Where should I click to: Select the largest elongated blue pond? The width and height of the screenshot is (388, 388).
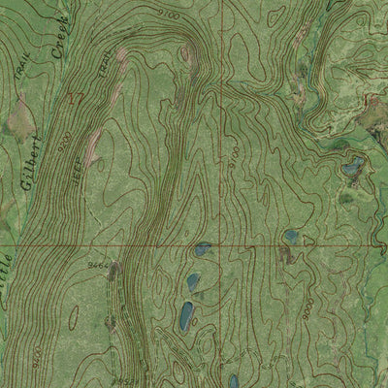(185, 314)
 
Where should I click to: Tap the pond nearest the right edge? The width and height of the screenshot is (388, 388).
(351, 167)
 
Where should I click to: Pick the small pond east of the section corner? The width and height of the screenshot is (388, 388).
(290, 236)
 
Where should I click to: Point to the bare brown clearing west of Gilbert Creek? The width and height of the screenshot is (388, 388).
(19, 123)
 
